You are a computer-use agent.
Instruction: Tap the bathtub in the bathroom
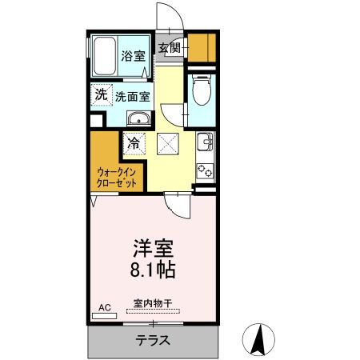(x=103, y=55)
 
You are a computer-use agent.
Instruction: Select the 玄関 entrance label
(x=170, y=48)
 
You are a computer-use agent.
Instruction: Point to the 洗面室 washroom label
(x=133, y=96)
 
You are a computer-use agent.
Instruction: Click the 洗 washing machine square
(x=101, y=95)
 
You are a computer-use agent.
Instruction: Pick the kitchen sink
(x=203, y=145)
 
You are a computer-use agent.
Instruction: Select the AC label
(x=104, y=306)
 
